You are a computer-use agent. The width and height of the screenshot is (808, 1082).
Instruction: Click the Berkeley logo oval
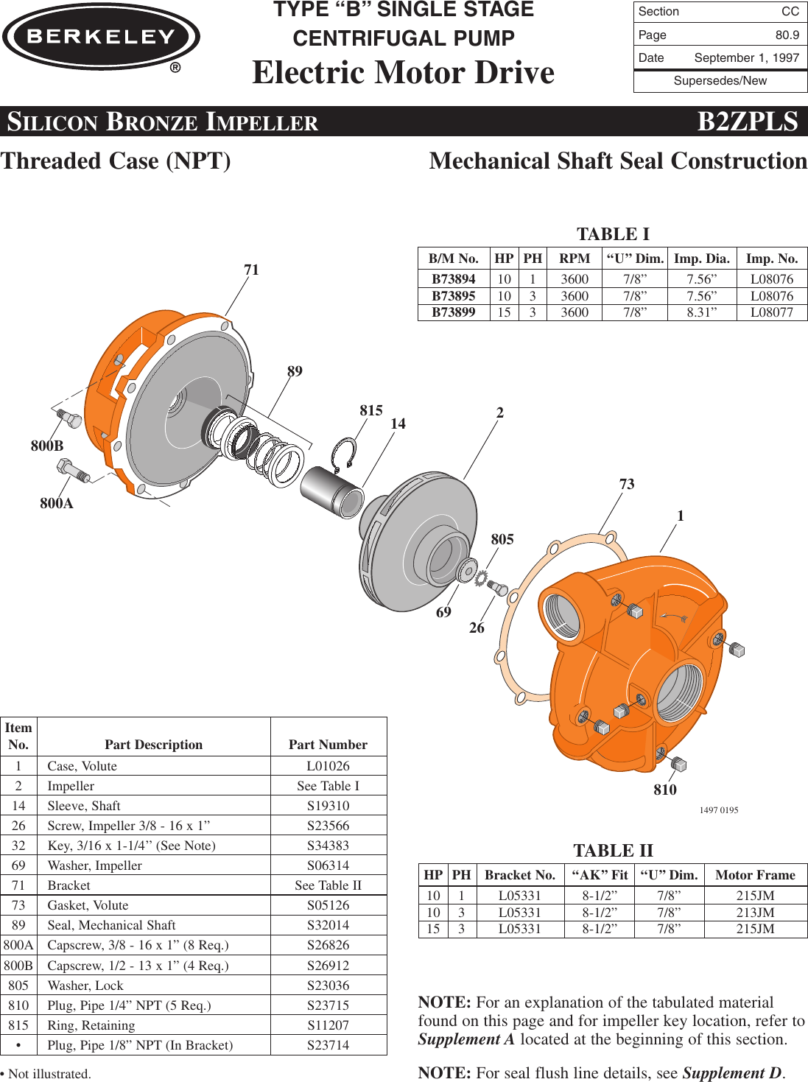coord(101,37)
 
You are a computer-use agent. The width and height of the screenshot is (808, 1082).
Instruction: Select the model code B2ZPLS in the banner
coord(747,122)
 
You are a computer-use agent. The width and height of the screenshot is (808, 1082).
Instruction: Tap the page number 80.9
coord(787,35)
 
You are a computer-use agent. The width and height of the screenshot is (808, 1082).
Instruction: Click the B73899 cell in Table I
coord(453,312)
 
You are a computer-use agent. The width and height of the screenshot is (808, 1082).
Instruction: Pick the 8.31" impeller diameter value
coord(701,312)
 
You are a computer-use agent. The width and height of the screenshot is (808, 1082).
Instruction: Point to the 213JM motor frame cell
coord(755,913)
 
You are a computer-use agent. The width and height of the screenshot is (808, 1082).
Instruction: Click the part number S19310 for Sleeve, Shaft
coord(328,806)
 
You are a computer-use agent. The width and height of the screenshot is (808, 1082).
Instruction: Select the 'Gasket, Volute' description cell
coord(88,905)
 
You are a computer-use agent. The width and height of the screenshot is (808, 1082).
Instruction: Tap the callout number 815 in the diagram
coord(370,410)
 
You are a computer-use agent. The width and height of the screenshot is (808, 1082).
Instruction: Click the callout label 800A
coord(57,503)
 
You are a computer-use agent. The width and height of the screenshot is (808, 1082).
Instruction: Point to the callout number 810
coord(664,790)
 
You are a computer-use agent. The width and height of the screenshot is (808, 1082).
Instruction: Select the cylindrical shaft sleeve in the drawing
coord(331,492)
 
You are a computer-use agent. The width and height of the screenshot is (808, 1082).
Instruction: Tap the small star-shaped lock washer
coord(482,580)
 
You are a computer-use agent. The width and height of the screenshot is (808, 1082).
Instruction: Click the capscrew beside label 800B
coord(68,418)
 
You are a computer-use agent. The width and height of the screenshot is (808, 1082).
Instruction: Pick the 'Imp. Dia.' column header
coord(701,259)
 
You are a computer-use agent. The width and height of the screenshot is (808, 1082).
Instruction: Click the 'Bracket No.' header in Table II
coord(519,875)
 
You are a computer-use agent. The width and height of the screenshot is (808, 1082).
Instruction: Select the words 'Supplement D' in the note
coord(732,1072)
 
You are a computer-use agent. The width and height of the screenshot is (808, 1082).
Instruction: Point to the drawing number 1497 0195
coord(718,810)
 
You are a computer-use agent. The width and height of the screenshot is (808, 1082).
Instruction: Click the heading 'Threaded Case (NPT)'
coord(116,161)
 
